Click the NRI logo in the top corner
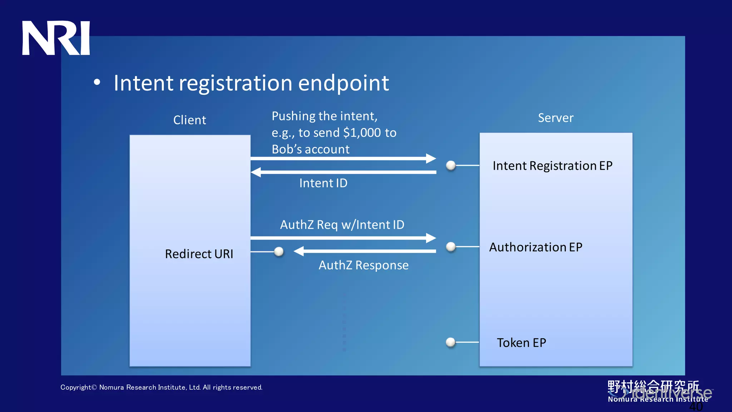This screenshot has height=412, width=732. click(x=56, y=38)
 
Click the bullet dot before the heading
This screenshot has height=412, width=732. click(x=97, y=82)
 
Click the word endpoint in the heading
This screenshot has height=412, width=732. click(x=343, y=83)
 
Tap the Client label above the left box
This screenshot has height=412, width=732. click(x=189, y=120)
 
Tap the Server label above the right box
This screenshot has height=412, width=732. click(x=555, y=118)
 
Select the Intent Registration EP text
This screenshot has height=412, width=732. click(x=552, y=166)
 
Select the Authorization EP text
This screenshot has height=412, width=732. click(x=535, y=247)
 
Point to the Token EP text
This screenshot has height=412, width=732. click(x=521, y=343)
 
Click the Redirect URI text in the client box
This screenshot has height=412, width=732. click(x=199, y=254)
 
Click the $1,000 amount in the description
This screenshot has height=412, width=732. click(x=362, y=133)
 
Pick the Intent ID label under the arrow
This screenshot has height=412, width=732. click(x=323, y=183)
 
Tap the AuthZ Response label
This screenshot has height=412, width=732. click(x=363, y=265)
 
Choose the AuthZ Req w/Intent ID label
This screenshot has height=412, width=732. click(x=342, y=225)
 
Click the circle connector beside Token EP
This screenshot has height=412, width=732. click(x=451, y=342)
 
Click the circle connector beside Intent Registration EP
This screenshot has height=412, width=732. click(x=451, y=165)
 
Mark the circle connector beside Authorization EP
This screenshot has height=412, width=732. click(x=451, y=246)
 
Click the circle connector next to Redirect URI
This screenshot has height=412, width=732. click(x=279, y=252)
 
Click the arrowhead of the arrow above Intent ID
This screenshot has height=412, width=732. click(x=256, y=172)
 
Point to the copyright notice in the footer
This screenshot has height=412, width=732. click(x=161, y=387)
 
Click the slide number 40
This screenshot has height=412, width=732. click(x=696, y=407)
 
